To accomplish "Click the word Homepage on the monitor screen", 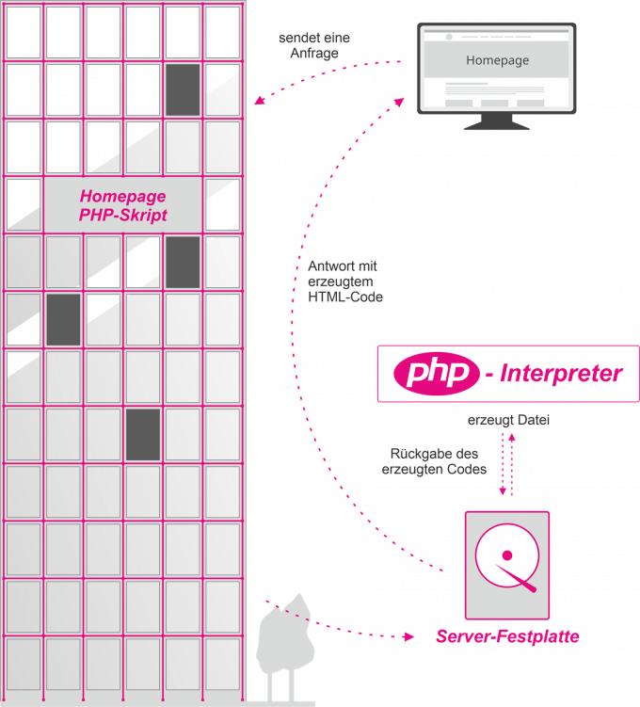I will click(497, 60).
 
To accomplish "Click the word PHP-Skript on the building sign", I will click(123, 216).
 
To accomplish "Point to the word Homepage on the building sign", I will click(123, 197).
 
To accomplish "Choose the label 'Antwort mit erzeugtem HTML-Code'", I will click(345, 281).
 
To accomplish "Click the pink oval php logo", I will click(435, 374).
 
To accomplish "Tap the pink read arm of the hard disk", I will click(520, 578).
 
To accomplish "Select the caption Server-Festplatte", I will click(507, 637).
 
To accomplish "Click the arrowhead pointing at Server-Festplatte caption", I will click(410, 636).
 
